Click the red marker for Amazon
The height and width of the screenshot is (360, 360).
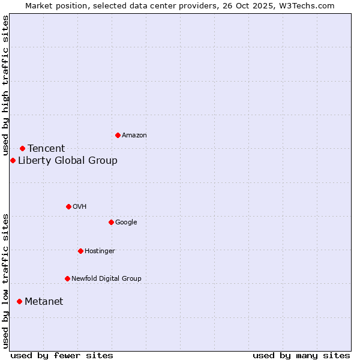[118, 135]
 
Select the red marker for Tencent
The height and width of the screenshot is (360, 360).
[22, 148]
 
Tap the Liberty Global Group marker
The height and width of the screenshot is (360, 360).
[13, 160]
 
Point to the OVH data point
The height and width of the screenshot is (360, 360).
[68, 206]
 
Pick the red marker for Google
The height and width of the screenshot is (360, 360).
[111, 222]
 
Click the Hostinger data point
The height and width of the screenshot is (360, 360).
[80, 251]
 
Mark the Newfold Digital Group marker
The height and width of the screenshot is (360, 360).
[67, 278]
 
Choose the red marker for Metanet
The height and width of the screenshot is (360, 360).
[19, 301]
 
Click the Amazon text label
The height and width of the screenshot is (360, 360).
[134, 135]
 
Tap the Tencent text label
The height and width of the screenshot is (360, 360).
[46, 148]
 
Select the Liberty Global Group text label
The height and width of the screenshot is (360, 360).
[68, 160]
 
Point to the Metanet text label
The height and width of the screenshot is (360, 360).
[44, 301]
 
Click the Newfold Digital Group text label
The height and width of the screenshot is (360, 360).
[106, 278]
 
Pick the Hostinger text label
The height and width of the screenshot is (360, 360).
[100, 251]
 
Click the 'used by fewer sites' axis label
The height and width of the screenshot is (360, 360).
[62, 355]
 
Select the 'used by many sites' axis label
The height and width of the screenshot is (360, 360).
[301, 355]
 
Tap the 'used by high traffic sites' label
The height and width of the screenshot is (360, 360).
[5, 86]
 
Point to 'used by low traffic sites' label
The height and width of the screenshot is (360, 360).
[5, 281]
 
